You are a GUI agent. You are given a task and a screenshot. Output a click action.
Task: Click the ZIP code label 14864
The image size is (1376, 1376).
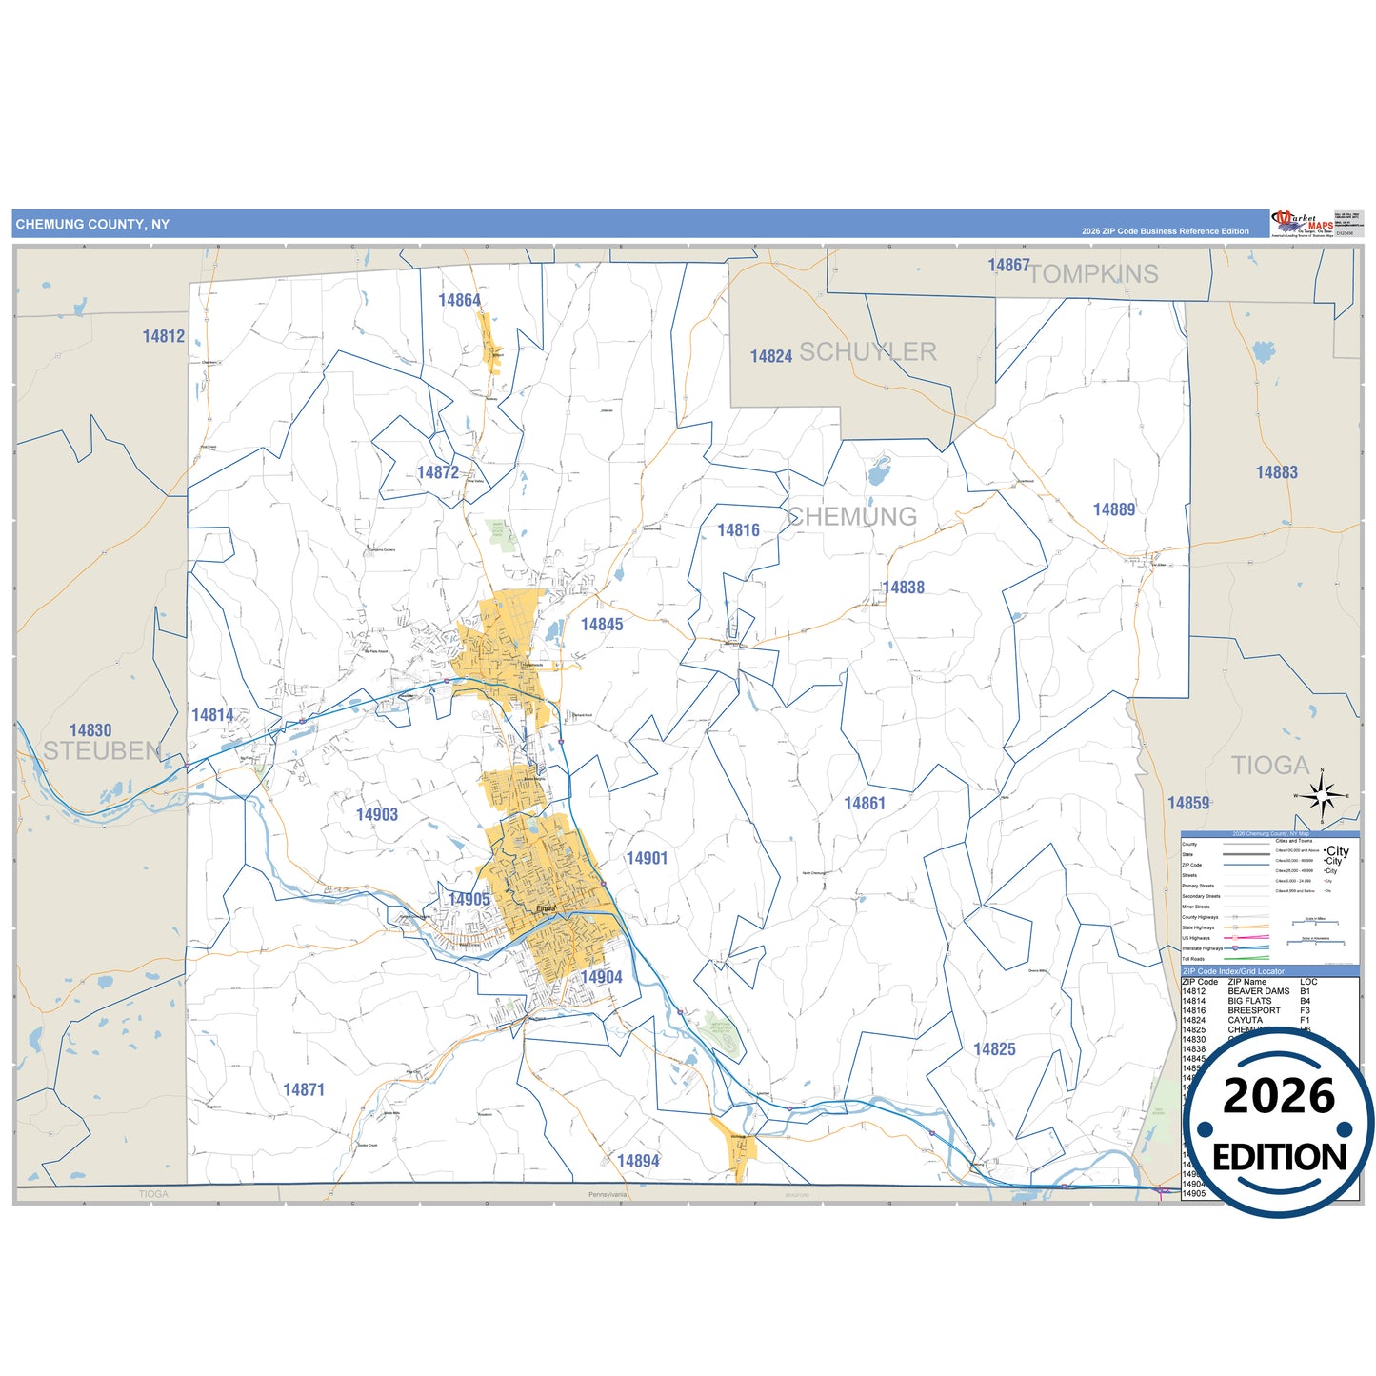[459, 301]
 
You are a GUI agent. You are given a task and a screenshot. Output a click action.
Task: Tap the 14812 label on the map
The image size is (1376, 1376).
[164, 336]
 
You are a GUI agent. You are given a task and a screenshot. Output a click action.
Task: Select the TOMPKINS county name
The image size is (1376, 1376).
[1093, 274]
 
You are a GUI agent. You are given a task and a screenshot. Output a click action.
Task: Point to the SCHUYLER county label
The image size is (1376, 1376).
[867, 352]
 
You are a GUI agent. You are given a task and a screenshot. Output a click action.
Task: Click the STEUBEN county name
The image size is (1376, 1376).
[102, 751]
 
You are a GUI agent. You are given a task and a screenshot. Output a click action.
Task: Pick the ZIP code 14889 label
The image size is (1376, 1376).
[1114, 509]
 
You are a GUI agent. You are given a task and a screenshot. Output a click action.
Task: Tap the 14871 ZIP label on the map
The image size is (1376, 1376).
[304, 1089]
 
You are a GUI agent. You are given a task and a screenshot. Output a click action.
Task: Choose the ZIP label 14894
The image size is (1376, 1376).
[638, 1161]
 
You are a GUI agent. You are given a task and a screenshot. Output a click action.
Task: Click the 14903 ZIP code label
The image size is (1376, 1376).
[377, 814]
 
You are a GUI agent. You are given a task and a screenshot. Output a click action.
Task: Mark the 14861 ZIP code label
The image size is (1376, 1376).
[865, 804]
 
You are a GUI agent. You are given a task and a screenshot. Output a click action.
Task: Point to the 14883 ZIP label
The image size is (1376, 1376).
[1276, 472]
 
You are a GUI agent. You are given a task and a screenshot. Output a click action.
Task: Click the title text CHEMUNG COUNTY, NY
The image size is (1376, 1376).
[92, 225]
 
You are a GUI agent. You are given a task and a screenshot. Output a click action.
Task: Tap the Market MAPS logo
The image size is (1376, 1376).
[1303, 223]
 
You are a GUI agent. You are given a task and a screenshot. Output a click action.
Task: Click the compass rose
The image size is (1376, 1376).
[1322, 794]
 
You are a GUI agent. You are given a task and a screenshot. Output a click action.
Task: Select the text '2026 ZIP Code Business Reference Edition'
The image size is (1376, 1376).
[1165, 231]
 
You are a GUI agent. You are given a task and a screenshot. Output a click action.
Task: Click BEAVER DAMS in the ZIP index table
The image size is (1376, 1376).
[1258, 991]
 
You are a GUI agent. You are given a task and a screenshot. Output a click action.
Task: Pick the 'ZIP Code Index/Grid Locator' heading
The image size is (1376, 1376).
[1233, 971]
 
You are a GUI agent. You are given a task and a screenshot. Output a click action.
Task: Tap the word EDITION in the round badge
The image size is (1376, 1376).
[1279, 1157]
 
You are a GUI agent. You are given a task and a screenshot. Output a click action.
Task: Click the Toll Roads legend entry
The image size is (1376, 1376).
[1193, 959]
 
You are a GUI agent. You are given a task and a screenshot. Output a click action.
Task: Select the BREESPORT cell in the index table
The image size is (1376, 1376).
[1253, 1010]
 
